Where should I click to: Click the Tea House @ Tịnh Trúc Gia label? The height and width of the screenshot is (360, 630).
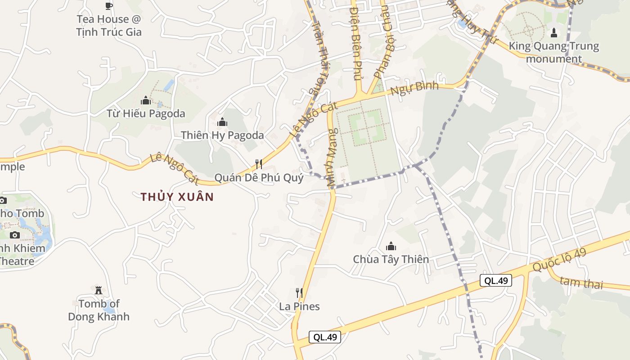pyautogui.click(x=108, y=26)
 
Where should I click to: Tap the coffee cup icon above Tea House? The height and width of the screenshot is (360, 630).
pyautogui.click(x=108, y=6)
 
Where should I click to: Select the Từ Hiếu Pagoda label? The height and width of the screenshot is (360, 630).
pyautogui.click(x=146, y=113)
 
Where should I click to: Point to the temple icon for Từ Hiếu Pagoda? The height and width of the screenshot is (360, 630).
pyautogui.click(x=146, y=100)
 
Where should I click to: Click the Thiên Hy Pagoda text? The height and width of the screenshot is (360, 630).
pyautogui.click(x=222, y=135)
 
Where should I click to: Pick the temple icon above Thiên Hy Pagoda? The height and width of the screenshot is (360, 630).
pyautogui.click(x=222, y=122)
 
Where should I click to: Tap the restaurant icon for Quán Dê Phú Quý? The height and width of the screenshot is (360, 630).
pyautogui.click(x=259, y=164)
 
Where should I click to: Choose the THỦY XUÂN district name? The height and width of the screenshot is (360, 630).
pyautogui.click(x=177, y=197)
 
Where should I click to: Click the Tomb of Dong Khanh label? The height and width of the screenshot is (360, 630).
pyautogui.click(x=99, y=310)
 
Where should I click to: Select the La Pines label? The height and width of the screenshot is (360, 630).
pyautogui.click(x=299, y=306)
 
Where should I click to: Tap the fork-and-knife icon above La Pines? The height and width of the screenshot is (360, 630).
pyautogui.click(x=299, y=293)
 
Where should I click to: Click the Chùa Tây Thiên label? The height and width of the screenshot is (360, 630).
pyautogui.click(x=391, y=259)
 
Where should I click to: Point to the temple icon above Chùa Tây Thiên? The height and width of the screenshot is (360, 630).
pyautogui.click(x=391, y=246)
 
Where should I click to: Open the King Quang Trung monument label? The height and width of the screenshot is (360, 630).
pyautogui.click(x=554, y=52)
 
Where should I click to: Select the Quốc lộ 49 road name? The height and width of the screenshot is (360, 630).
pyautogui.click(x=559, y=260)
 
